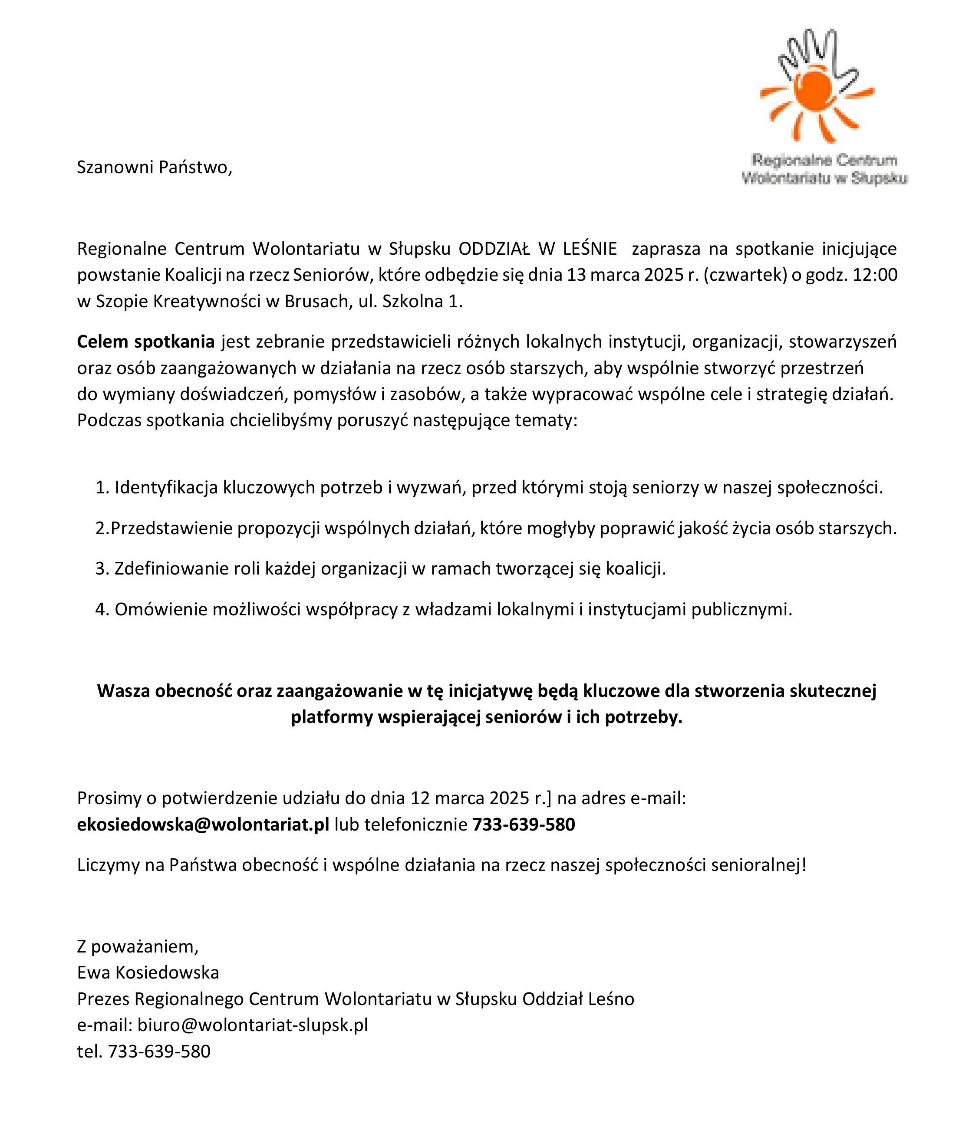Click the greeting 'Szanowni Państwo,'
point(154,168)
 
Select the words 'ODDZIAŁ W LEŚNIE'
point(537,249)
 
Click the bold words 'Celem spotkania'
point(145,342)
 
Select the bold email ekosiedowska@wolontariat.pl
point(203,824)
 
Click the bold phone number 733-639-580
point(524,824)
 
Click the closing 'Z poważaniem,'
point(137,946)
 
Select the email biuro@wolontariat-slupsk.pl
point(252,1025)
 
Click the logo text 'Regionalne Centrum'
point(824,161)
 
